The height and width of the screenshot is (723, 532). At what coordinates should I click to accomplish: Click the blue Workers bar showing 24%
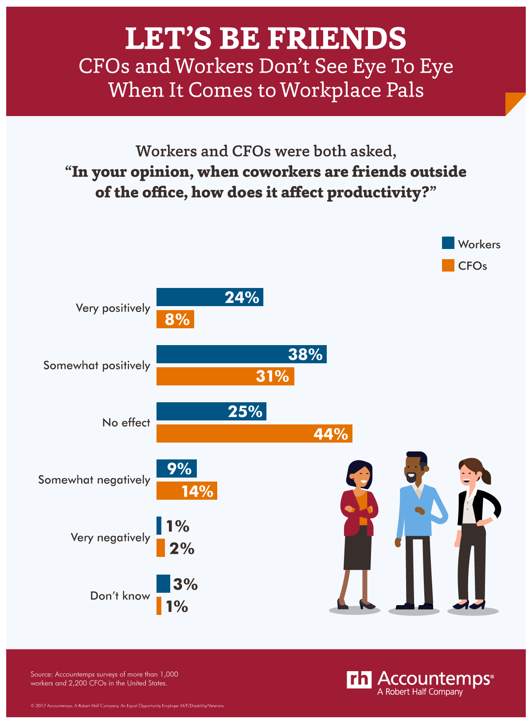point(210,297)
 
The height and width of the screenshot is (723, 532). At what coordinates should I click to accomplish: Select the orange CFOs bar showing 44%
point(254,433)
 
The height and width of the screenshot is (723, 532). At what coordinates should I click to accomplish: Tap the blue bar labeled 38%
point(241,354)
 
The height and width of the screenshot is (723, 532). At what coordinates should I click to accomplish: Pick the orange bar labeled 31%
point(225,376)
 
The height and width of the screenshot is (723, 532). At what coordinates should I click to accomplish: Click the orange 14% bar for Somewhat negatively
point(187,491)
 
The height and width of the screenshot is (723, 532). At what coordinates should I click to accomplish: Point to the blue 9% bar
point(176,468)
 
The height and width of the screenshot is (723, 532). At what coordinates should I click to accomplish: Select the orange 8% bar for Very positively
point(175,319)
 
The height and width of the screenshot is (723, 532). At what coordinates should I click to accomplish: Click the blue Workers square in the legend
point(448,243)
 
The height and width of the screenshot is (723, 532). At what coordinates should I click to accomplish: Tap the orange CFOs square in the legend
point(448,265)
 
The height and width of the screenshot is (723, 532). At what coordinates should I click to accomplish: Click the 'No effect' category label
point(126,423)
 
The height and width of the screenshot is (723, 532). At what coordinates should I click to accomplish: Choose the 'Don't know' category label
point(120,595)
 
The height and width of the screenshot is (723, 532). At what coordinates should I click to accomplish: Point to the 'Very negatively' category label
point(110,537)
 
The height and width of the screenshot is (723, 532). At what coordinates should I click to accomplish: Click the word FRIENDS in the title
point(337,39)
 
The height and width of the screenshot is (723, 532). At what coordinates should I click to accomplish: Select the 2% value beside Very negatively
point(182,548)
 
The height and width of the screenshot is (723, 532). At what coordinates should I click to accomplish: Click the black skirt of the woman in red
point(358,547)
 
